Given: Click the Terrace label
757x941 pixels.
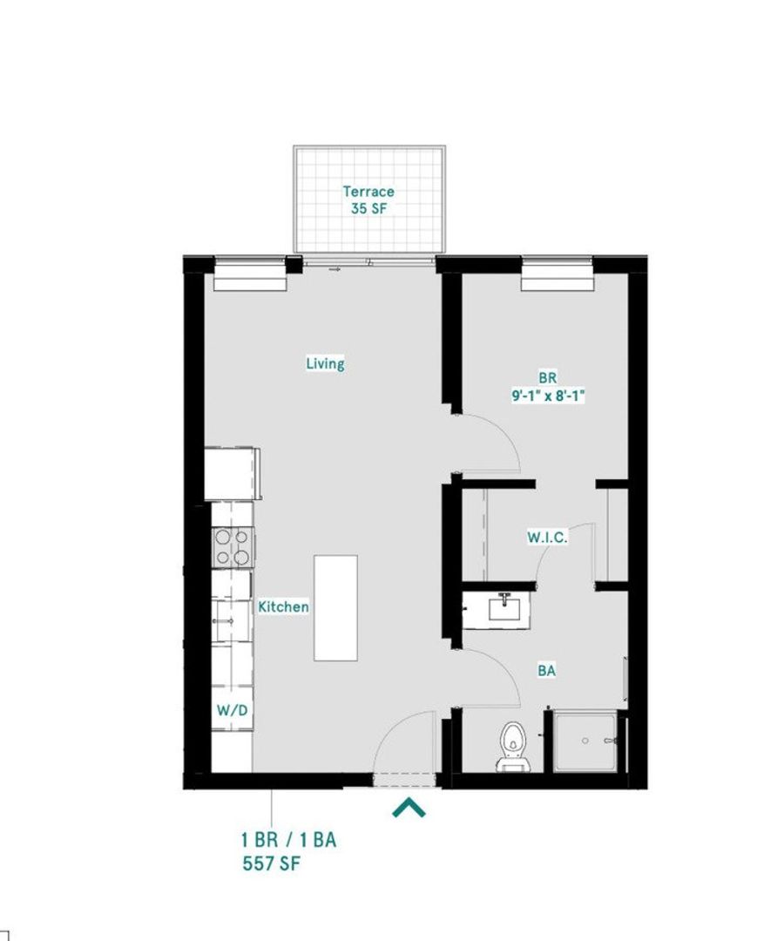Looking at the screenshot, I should [x=368, y=192].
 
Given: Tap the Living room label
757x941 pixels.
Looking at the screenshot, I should [x=325, y=363].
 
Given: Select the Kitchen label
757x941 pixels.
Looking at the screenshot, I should [x=283, y=606].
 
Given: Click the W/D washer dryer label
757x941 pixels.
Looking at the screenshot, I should [x=233, y=711].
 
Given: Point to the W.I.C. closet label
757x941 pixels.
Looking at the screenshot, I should [x=547, y=538].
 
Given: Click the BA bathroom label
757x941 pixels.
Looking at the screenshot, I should [x=547, y=671].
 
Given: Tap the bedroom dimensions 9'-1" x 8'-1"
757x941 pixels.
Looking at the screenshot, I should [x=547, y=396].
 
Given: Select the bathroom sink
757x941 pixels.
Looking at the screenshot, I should [x=504, y=607].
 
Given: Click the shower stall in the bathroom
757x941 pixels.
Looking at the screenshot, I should [x=585, y=741].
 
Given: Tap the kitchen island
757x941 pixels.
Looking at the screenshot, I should [x=335, y=607].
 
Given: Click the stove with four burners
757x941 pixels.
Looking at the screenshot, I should [x=233, y=548].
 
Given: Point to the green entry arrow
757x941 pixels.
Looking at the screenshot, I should [x=409, y=809].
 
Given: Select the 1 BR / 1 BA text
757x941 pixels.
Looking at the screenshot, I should [x=288, y=841].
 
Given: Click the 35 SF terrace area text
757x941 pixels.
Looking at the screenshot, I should [x=368, y=209].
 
